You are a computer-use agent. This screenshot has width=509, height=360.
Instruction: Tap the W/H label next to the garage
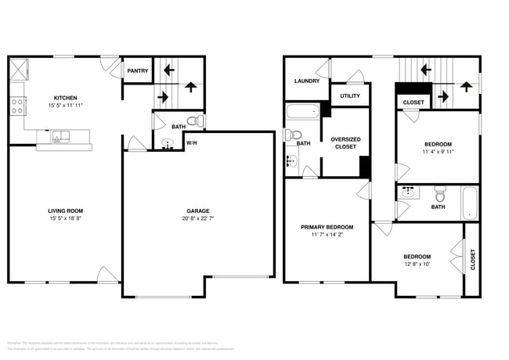tap(191, 142)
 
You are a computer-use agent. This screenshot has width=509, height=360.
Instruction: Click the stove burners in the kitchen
tap(16, 106)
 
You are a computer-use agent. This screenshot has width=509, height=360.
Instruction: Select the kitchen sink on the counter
tap(60, 138)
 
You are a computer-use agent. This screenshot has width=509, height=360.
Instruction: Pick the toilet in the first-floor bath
tap(198, 121)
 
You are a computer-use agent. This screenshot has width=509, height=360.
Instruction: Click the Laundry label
tap(305, 81)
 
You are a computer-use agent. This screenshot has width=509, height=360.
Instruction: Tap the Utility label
tap(348, 95)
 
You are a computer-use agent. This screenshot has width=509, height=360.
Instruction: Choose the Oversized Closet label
tap(345, 142)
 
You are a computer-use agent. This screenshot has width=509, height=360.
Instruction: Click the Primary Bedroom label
tap(327, 227)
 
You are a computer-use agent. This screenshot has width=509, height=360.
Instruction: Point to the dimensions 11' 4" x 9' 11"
tap(438, 152)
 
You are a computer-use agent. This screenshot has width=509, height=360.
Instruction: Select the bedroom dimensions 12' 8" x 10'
tap(417, 265)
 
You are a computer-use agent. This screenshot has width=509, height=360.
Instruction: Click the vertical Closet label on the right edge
tap(472, 260)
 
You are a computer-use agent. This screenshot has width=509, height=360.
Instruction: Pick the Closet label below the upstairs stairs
tap(413, 103)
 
